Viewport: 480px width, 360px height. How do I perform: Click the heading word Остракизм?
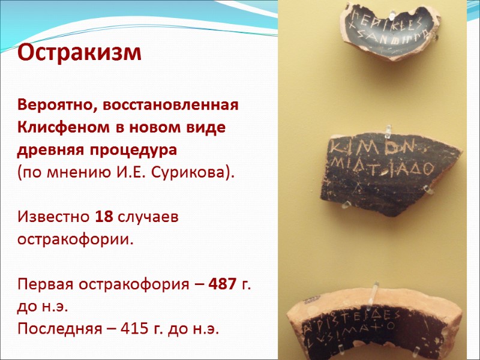pyautogui.click(x=79, y=53)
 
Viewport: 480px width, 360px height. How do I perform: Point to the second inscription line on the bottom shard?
pyautogui.click(x=345, y=339)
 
